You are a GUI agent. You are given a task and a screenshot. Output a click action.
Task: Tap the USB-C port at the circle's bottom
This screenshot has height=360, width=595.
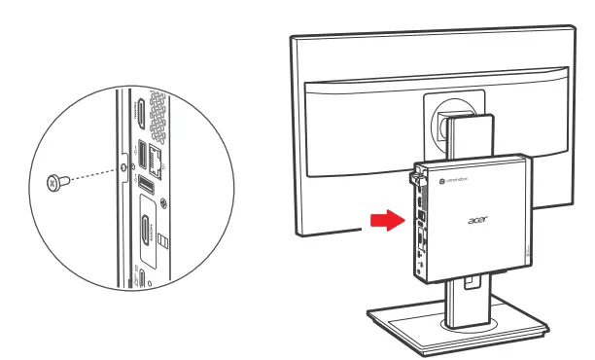pyautogui.click(x=143, y=278)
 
